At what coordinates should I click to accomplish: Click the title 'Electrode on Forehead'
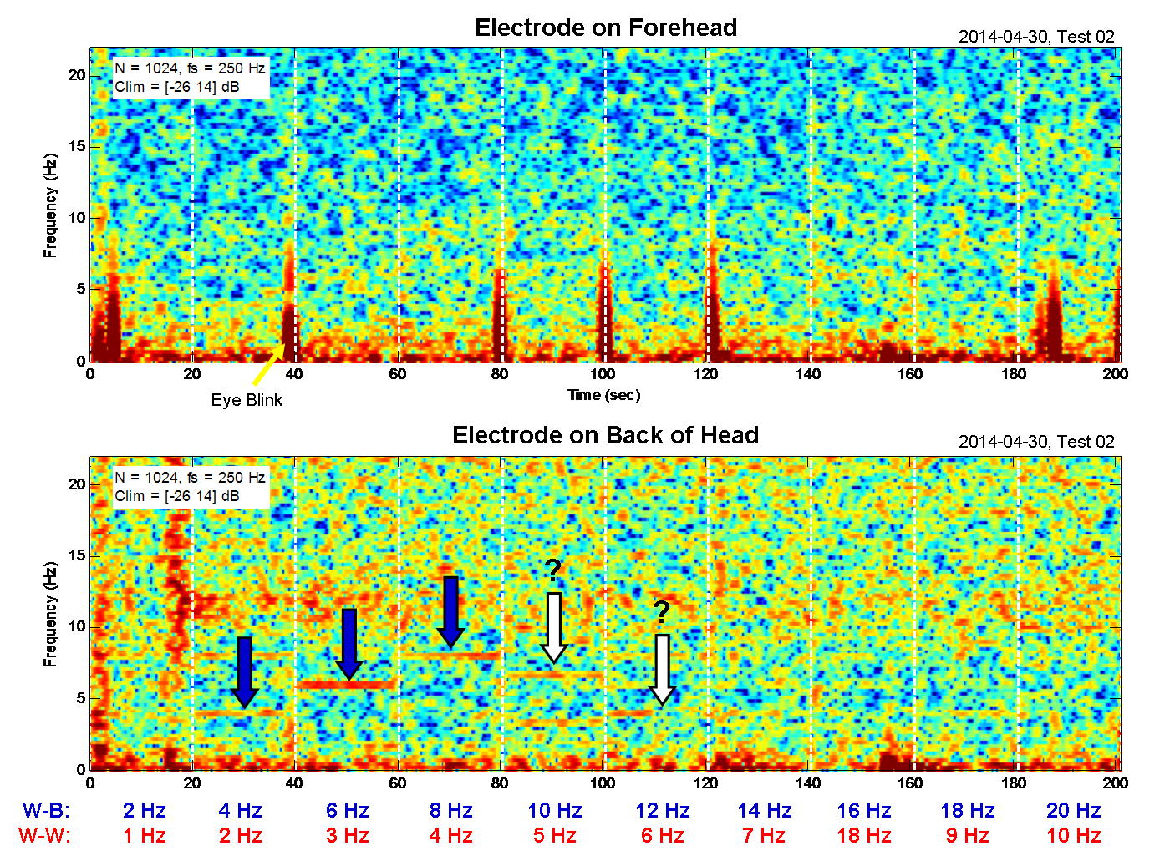605,28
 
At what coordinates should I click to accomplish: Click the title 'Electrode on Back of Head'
605,435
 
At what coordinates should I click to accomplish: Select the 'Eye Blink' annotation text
247,400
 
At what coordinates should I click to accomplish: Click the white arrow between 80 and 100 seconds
553,626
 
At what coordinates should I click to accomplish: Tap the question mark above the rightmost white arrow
661,613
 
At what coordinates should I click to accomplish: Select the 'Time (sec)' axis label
603,395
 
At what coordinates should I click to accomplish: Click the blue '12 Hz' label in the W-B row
662,810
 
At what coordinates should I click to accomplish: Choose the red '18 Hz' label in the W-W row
863,835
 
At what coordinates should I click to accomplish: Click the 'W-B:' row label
46,810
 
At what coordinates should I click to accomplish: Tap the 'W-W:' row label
46,835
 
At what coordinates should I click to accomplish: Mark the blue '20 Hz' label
1073,810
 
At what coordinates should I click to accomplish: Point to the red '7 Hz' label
763,835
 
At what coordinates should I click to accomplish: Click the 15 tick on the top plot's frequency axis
77,146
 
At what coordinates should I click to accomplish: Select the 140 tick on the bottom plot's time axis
808,783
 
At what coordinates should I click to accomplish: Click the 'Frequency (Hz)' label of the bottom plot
50,614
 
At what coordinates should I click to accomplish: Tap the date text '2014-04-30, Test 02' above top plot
1036,37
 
